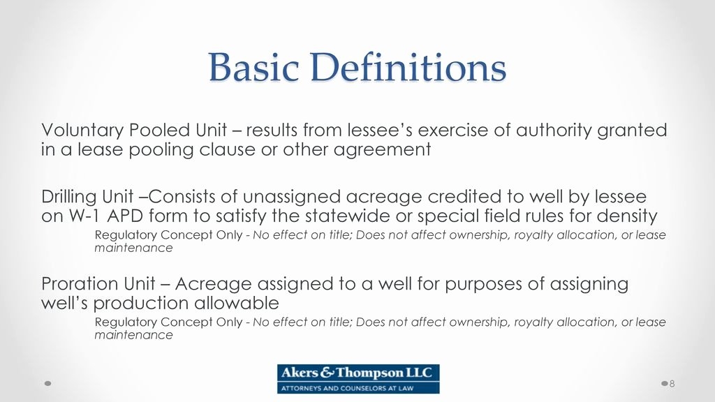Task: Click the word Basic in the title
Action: point(253,67)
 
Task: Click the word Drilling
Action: point(69,198)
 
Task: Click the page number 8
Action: point(672,384)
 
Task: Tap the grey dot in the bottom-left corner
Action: point(47,384)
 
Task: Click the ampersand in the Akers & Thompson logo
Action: point(327,373)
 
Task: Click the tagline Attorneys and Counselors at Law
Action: point(347,388)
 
